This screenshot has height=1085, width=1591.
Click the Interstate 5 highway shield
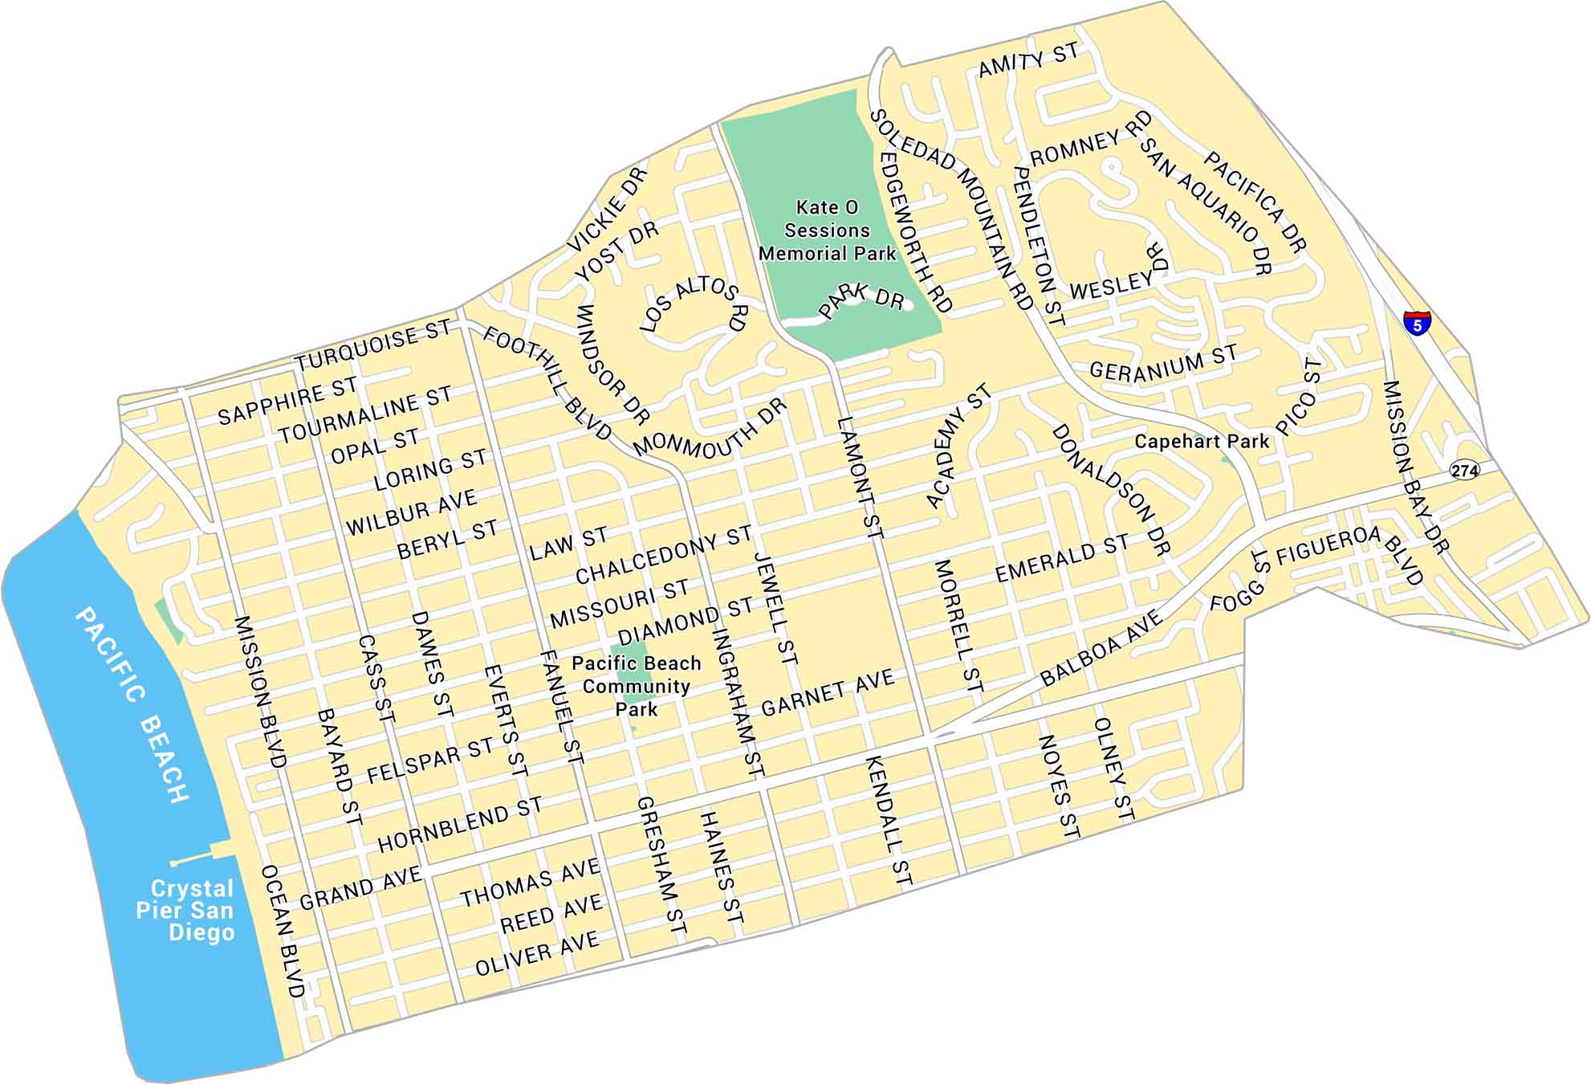(x=1417, y=322)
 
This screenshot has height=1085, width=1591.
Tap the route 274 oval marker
(x=1464, y=470)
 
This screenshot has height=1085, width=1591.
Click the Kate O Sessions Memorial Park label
(x=827, y=230)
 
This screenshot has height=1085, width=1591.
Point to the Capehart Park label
(x=1202, y=441)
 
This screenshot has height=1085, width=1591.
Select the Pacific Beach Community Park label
(x=637, y=686)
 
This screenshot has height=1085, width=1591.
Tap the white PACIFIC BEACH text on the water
(x=133, y=705)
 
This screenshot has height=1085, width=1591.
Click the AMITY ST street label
(x=1028, y=60)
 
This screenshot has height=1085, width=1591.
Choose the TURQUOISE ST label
(x=374, y=346)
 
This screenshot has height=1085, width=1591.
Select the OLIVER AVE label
(x=537, y=953)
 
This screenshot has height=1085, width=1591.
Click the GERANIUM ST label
(x=1162, y=363)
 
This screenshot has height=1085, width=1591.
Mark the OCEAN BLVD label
(x=283, y=932)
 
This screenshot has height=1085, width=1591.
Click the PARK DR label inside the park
(x=862, y=300)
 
